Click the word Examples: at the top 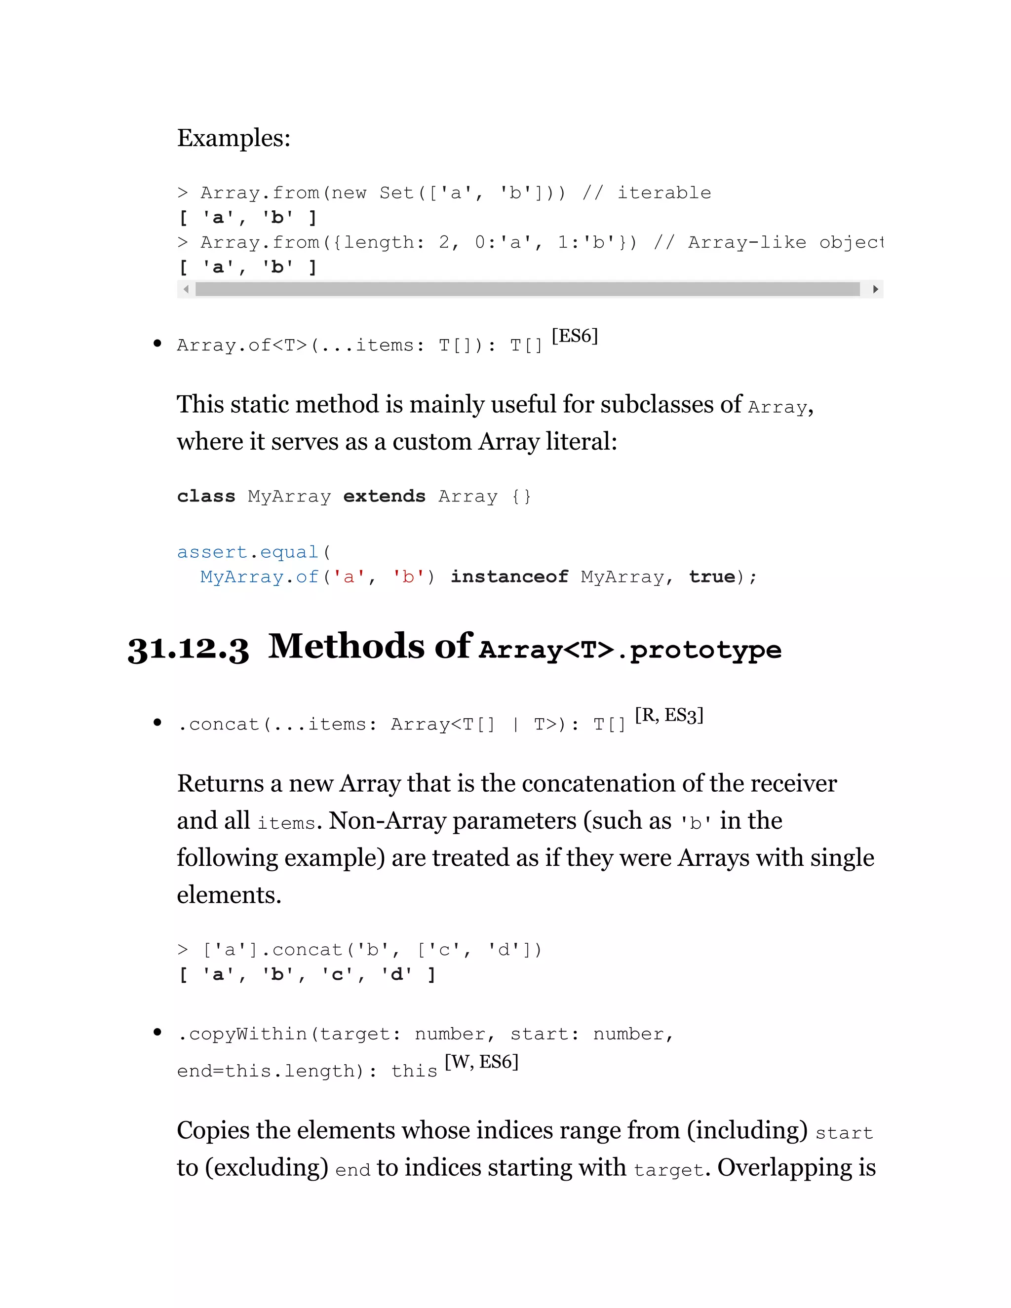coord(233,138)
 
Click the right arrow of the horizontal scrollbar coord(875,289)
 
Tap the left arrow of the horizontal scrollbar coord(186,289)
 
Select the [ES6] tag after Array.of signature coord(575,336)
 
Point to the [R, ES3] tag coord(668,715)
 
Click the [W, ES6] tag coord(481,1062)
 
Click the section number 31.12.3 coord(188,649)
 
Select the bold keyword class coord(206,497)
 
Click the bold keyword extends coord(384,497)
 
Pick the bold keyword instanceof coord(509,577)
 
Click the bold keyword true coord(711,577)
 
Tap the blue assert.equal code coord(247,552)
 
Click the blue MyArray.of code coord(259,577)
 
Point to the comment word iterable coord(664,193)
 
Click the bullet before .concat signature coord(157,723)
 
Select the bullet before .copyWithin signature coord(157,1032)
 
